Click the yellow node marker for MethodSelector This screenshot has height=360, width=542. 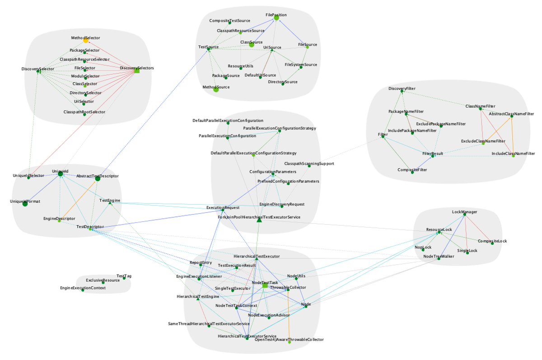pos(85,41)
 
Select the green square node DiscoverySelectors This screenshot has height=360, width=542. pos(137,71)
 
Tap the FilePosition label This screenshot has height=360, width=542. pos(276,15)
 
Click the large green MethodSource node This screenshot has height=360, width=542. pos(216,89)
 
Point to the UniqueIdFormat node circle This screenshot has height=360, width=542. pos(25,204)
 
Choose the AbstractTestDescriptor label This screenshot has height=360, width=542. pos(97,175)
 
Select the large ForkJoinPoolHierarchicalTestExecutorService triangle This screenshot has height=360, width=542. pos(259,220)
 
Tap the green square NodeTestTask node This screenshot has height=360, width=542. pos(265,285)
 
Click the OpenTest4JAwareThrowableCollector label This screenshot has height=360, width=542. pos(289,339)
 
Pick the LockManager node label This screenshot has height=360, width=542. pos(464,211)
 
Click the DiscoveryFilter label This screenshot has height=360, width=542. pos(402,89)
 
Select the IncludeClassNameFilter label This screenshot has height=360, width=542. pos(513,154)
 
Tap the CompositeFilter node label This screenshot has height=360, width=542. pos(412,170)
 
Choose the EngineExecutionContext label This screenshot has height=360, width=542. pos(83,288)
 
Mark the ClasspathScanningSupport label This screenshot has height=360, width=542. pos(309,164)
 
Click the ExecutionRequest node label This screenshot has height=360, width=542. pos(223,207)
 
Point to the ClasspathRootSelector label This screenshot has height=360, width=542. pos(84,112)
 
